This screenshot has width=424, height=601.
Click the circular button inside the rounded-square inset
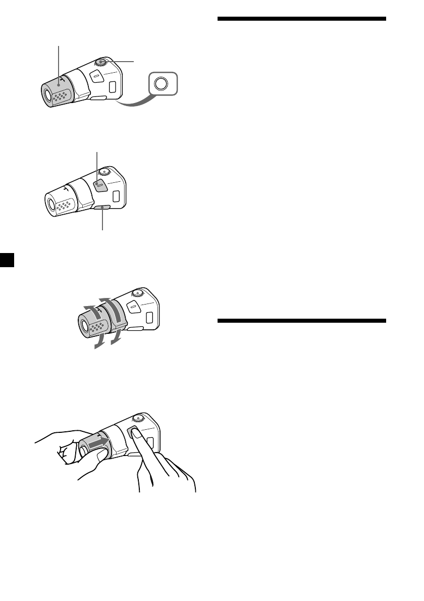pyautogui.click(x=162, y=84)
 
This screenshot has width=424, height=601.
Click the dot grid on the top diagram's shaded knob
pyautogui.click(x=63, y=94)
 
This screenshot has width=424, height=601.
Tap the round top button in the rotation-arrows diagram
pyautogui.click(x=137, y=294)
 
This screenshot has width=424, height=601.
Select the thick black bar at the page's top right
pyautogui.click(x=302, y=19)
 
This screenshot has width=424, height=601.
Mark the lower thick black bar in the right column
pyautogui.click(x=302, y=321)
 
